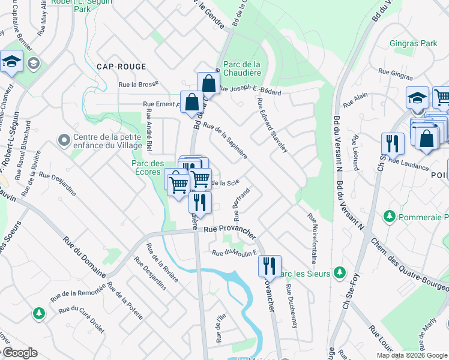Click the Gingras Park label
(414, 44)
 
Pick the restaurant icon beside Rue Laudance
(392, 143)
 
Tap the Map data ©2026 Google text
(412, 355)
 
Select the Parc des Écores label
(148, 167)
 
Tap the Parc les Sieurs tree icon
(340, 273)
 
